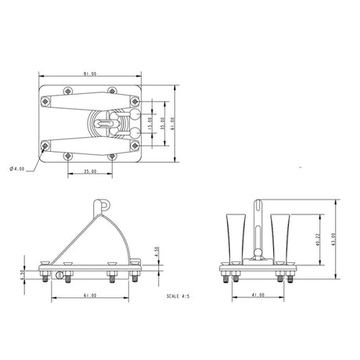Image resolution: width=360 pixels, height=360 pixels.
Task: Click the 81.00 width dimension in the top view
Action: point(89,74)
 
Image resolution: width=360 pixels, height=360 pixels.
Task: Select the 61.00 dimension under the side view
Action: point(90,296)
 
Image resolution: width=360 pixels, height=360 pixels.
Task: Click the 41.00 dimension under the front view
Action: point(257,296)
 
